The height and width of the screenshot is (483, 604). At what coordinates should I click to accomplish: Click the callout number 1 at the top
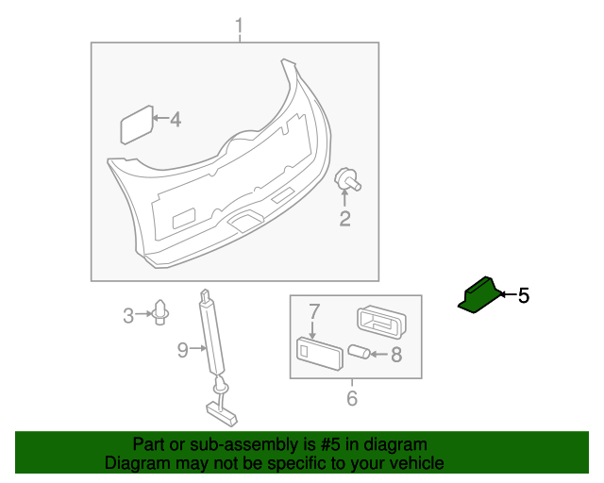tap(239, 25)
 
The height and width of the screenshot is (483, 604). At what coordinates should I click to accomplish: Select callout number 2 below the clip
tap(345, 220)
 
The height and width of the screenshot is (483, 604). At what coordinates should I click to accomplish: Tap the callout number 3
tap(129, 316)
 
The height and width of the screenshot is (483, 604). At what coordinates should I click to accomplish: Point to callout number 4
tap(175, 120)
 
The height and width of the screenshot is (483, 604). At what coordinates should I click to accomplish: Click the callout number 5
tap(524, 296)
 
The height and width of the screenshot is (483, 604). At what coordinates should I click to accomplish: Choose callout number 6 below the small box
tap(352, 398)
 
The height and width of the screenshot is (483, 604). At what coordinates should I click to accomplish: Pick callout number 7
tap(315, 310)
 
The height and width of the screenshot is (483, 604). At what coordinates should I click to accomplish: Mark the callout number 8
tap(395, 355)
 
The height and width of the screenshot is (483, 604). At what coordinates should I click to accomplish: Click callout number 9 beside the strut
tap(183, 351)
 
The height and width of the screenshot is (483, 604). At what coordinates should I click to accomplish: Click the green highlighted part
tap(478, 296)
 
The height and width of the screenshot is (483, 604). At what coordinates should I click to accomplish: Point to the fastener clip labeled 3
tap(160, 311)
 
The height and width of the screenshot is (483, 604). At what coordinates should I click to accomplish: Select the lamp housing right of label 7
tap(379, 323)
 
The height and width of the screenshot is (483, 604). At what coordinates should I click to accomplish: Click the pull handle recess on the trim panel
tap(244, 221)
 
